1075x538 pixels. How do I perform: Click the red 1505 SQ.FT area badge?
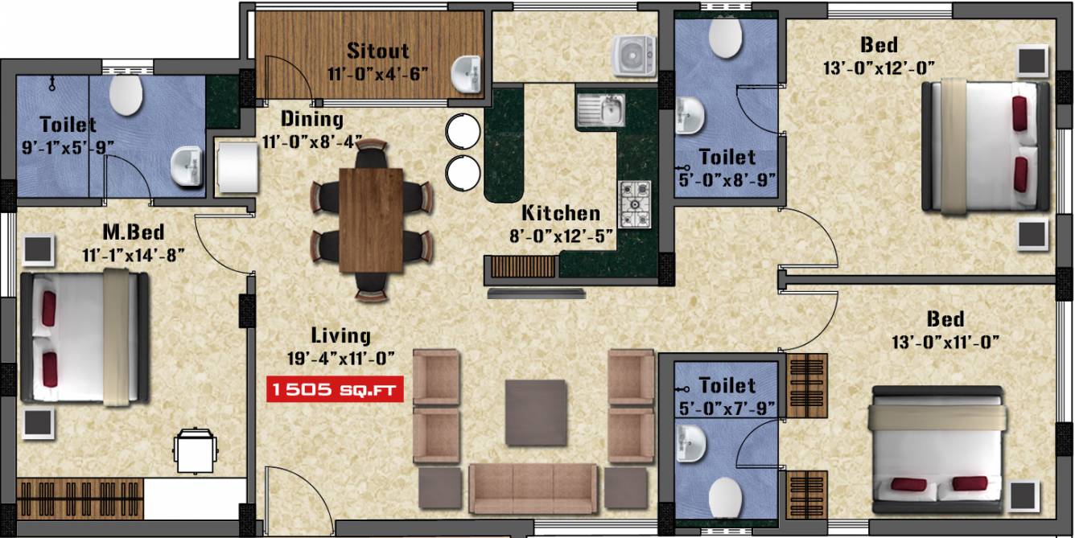click(x=336, y=391)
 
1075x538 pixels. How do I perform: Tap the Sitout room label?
click(x=377, y=51)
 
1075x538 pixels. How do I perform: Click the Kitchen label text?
click(x=561, y=213)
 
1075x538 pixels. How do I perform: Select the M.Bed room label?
click(x=133, y=233)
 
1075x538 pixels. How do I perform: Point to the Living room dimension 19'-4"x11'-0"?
click(x=340, y=356)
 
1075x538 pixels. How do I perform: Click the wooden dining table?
click(x=371, y=220)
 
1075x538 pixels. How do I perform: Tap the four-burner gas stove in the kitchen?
click(x=634, y=204)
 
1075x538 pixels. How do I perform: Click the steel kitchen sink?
click(x=600, y=110)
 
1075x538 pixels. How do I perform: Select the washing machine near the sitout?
click(x=634, y=55)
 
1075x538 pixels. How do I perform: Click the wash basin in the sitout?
click(x=465, y=75)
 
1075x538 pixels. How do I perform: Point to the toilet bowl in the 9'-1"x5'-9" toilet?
click(x=126, y=95)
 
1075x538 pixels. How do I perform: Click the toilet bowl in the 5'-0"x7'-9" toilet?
click(x=726, y=496)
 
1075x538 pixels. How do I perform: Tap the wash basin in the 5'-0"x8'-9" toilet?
click(x=689, y=115)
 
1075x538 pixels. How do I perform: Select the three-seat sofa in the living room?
click(x=533, y=488)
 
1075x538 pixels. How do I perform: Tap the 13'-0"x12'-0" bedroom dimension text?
click(x=879, y=68)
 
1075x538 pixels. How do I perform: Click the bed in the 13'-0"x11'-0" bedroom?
click(x=937, y=450)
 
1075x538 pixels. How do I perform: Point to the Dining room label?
click(x=311, y=119)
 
